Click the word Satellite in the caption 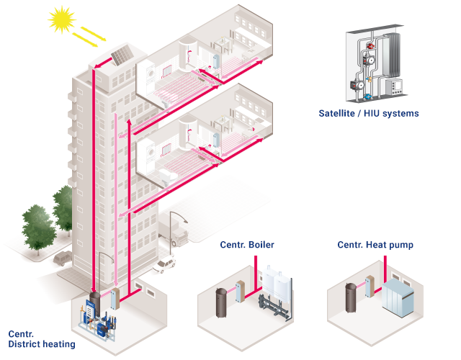[340, 114]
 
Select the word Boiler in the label [260, 245]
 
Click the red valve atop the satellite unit [369, 51]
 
